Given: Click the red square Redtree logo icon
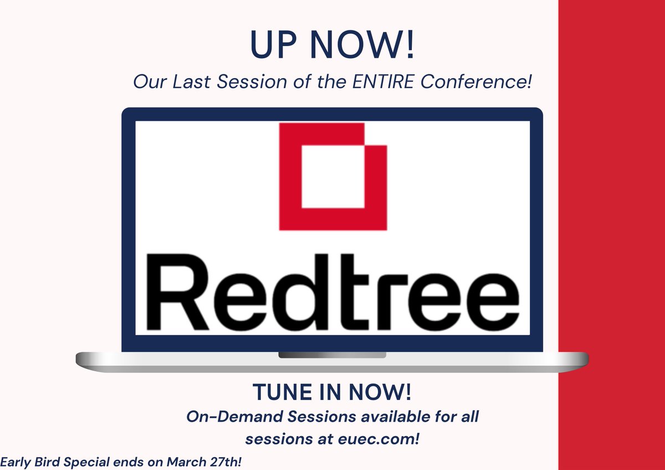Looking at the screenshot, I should [x=332, y=176].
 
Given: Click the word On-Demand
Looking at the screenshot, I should [x=232, y=418].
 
